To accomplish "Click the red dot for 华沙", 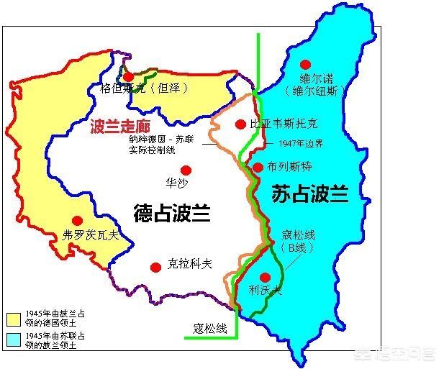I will tap(186, 170).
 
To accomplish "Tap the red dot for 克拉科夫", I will tap(155, 268).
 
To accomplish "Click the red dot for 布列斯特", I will tap(258, 168).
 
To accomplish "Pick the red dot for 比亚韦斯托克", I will tap(240, 124).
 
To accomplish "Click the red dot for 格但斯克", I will tap(128, 76).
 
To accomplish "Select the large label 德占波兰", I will tap(171, 213).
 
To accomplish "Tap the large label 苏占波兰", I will tap(310, 194).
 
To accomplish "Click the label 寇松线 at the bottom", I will tap(209, 329).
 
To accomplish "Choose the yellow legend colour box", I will tap(13, 319).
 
